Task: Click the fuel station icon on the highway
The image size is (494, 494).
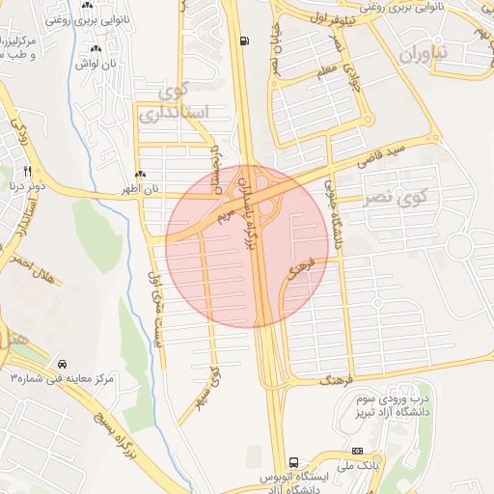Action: click(x=244, y=41)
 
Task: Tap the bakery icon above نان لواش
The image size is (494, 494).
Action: click(x=96, y=49)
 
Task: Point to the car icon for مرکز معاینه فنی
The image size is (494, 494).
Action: click(x=62, y=365)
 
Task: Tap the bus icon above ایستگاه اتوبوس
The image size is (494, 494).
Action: click(x=293, y=461)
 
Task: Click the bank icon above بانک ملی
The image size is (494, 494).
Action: click(x=357, y=452)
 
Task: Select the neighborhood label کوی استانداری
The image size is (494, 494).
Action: click(x=175, y=103)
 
